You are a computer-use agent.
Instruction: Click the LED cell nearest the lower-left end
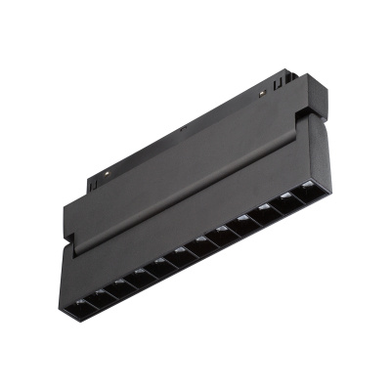pos(80,293)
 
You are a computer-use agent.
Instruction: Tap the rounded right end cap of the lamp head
pos(318,161)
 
